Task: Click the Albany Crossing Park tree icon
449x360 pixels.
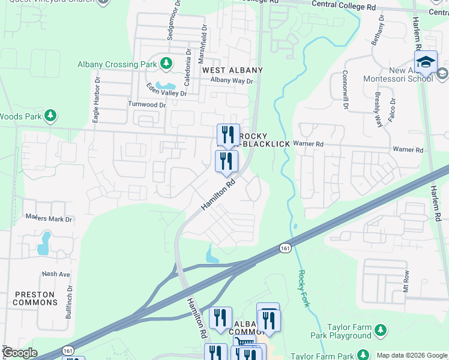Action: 166,64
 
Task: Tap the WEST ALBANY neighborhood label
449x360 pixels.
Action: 226,70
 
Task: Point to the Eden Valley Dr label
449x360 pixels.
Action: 167,93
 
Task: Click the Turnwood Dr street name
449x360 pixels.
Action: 146,104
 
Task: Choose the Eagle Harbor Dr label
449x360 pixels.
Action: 95,100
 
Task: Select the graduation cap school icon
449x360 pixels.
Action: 425,62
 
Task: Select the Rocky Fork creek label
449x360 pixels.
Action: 304,289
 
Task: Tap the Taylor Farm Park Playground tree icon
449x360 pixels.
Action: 379,329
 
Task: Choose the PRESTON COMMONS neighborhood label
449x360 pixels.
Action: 35,298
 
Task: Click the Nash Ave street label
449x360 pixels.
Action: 56,274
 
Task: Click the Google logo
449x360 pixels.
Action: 19,353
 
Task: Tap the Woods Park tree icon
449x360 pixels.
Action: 51,115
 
